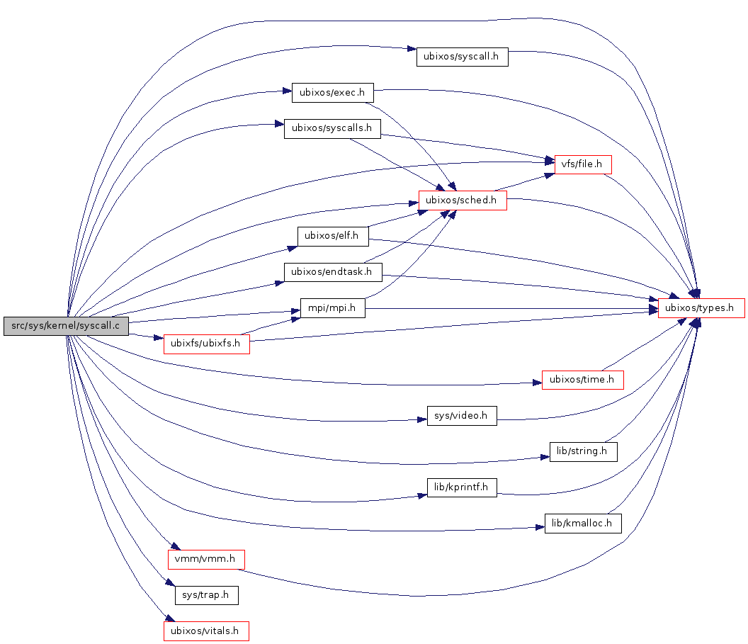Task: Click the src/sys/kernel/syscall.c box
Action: (x=66, y=326)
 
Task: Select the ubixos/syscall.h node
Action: (x=462, y=57)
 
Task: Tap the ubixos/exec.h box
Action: (x=332, y=92)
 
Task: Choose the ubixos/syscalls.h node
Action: (x=332, y=129)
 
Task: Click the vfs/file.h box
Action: (x=582, y=164)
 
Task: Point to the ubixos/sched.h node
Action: (x=463, y=200)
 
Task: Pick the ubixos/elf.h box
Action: (x=333, y=237)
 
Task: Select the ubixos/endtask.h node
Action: (x=332, y=272)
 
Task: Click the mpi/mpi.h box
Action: (x=332, y=308)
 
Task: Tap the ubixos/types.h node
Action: (x=701, y=308)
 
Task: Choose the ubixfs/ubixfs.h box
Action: (x=206, y=344)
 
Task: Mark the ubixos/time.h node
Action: (x=582, y=380)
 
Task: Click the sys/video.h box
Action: (x=461, y=416)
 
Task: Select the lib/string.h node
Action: (x=583, y=451)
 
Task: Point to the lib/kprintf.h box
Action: (x=461, y=487)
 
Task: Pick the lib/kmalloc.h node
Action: (x=583, y=524)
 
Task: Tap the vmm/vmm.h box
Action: (x=206, y=559)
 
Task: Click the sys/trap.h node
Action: (x=206, y=595)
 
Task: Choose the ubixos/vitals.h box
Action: (x=206, y=631)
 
